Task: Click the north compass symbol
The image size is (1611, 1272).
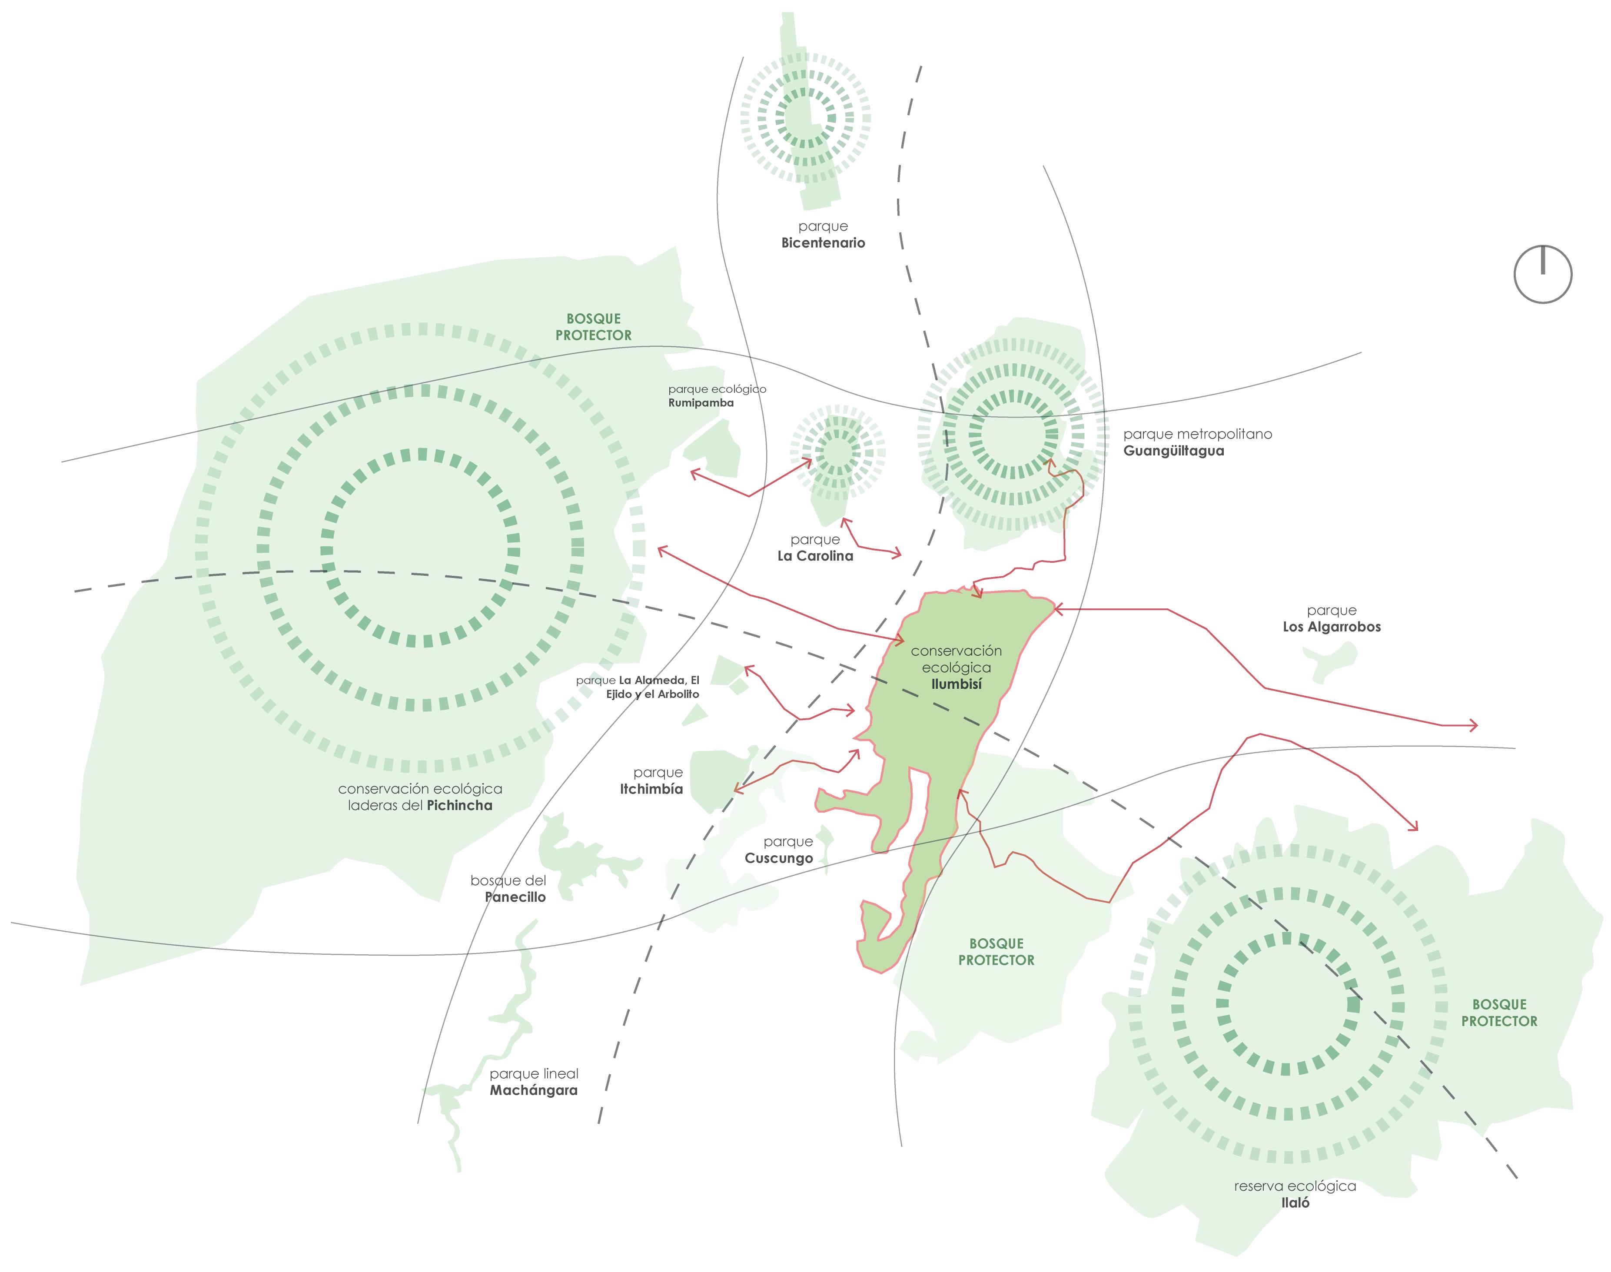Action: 1542,274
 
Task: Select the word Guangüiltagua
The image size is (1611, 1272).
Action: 1173,451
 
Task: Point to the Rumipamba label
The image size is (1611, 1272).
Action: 701,403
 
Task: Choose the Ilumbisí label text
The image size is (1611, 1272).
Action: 957,684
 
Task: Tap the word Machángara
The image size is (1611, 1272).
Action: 533,1090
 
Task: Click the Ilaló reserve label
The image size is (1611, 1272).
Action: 1295,1202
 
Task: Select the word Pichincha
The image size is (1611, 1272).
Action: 459,805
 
